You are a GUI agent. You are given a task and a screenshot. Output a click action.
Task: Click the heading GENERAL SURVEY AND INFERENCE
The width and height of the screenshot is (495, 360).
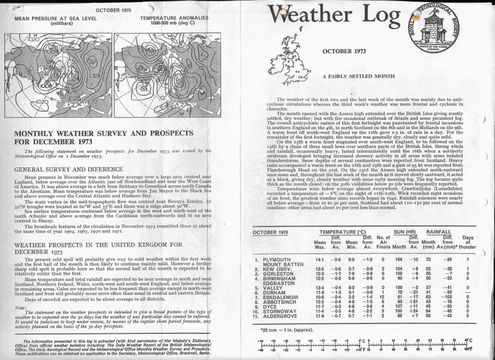point(69,169)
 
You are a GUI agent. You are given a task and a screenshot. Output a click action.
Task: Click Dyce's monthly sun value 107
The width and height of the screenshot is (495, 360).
point(399,306)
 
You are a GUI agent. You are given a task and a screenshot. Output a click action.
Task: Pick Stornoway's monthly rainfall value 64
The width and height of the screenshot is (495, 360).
point(428,311)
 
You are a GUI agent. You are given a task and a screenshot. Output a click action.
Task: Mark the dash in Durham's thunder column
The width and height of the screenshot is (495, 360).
point(467,292)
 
